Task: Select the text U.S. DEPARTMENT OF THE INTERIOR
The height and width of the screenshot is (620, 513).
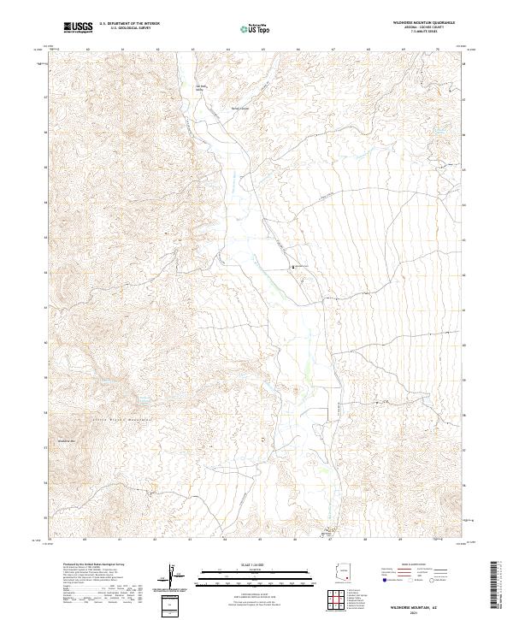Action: tap(128, 24)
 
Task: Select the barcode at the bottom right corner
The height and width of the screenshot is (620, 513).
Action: tap(497, 586)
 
